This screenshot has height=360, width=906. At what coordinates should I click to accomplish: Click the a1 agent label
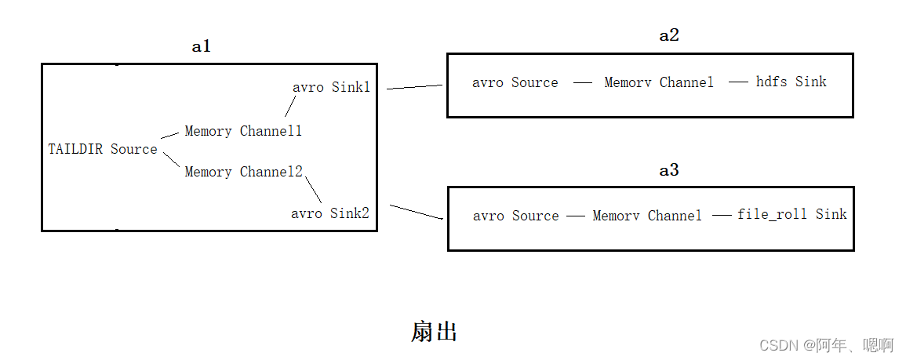(202, 47)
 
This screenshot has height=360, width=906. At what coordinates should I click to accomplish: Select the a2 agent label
(668, 35)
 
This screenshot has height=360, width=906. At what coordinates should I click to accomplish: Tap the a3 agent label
(668, 170)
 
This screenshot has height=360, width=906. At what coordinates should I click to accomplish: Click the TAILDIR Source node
(103, 149)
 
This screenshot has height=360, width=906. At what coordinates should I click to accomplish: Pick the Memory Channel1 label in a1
(243, 131)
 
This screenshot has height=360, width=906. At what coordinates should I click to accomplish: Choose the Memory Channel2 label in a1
(243, 172)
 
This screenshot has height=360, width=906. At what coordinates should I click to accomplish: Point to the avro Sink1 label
(331, 87)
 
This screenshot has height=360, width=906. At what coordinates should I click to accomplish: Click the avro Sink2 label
(330, 213)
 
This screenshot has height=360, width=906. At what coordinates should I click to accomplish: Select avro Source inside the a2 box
(515, 82)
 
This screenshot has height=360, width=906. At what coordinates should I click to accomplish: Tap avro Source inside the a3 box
(516, 216)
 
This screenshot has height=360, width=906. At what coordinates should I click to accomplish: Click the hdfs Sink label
(791, 82)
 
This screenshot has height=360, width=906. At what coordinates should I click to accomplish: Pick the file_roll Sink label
(791, 214)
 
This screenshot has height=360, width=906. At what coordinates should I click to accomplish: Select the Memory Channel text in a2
(659, 82)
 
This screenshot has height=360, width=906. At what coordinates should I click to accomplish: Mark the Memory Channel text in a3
(647, 216)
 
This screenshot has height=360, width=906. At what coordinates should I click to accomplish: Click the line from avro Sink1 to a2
(415, 87)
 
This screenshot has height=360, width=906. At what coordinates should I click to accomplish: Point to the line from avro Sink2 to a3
(417, 213)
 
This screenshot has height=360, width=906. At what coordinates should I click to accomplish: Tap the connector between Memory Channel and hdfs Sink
(738, 82)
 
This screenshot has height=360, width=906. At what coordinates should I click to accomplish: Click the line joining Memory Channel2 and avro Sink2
(313, 188)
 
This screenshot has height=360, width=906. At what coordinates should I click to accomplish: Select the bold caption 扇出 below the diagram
(434, 332)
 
